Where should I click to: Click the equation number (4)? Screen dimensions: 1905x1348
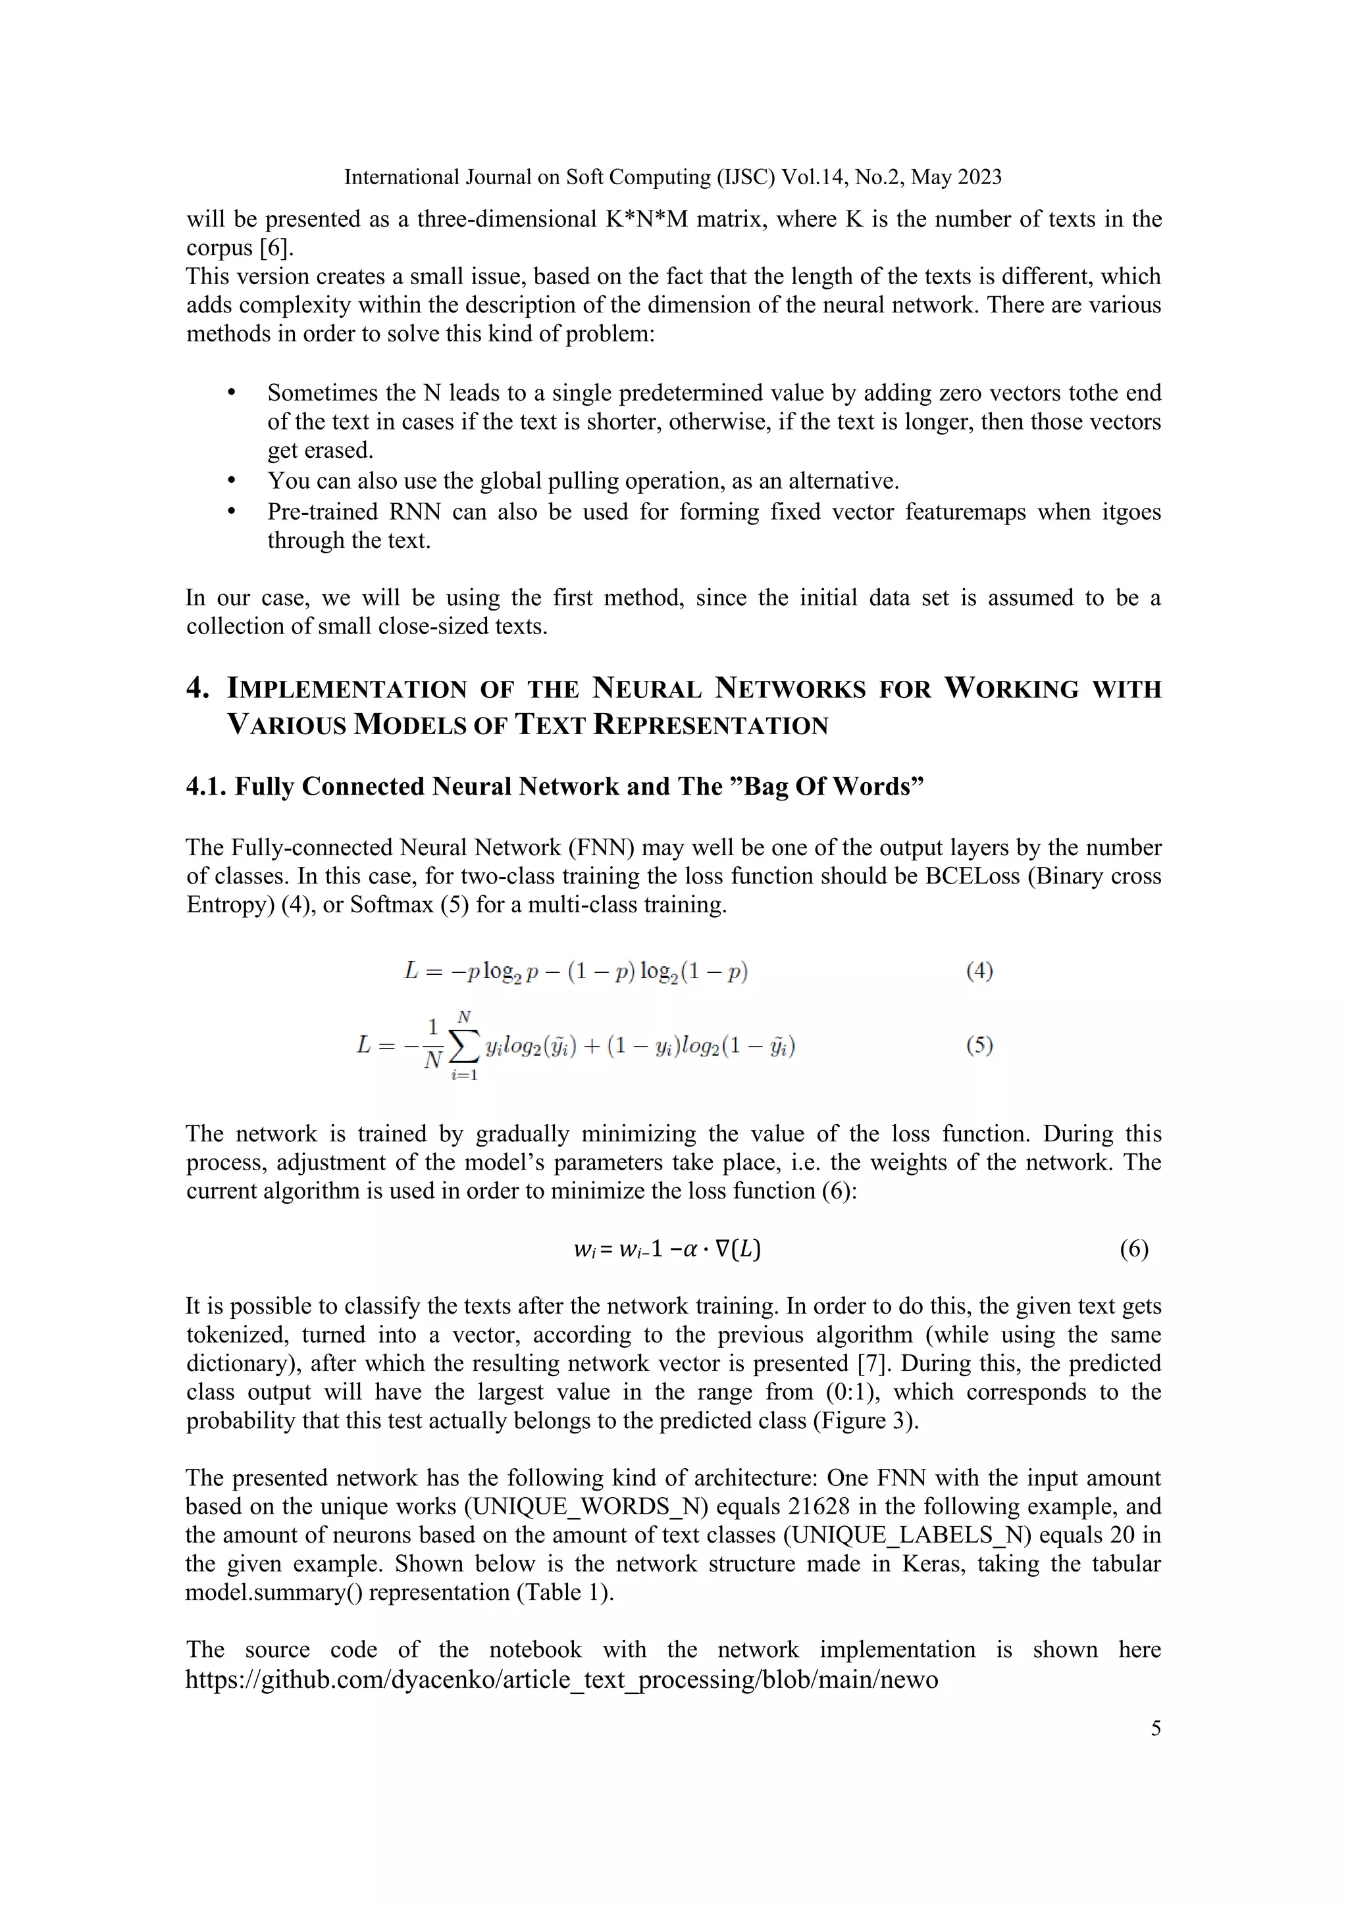[979, 971]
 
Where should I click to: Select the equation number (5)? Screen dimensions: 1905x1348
[979, 1045]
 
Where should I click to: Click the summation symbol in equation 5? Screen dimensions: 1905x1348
[464, 1047]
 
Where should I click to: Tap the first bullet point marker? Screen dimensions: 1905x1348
[232, 393]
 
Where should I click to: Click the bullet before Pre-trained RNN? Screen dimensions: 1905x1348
[232, 512]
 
